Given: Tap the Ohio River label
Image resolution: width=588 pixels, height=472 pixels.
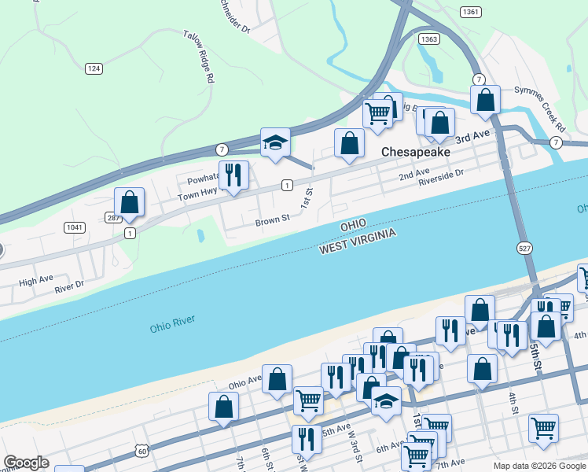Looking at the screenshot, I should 172,323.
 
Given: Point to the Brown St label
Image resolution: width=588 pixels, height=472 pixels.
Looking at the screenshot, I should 267,222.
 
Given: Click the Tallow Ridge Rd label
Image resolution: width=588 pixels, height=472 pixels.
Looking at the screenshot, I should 199,57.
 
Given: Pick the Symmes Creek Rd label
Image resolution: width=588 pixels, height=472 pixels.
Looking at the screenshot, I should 540,109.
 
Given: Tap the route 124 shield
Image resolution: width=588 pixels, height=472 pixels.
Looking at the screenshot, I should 94,69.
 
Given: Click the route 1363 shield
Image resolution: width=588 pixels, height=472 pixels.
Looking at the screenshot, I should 429,39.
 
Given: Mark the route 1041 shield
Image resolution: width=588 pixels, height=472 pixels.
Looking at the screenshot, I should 75,227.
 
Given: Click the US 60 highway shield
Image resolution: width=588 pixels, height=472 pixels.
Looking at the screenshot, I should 141,451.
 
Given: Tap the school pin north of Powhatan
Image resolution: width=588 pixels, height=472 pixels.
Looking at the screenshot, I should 275,144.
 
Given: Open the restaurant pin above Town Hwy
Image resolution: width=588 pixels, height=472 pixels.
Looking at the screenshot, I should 233,176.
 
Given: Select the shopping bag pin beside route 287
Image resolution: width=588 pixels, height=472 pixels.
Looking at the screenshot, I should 130,203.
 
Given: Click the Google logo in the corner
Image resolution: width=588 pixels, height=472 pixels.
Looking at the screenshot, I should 26,463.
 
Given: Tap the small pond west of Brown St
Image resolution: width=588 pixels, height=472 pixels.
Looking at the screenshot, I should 200,235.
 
